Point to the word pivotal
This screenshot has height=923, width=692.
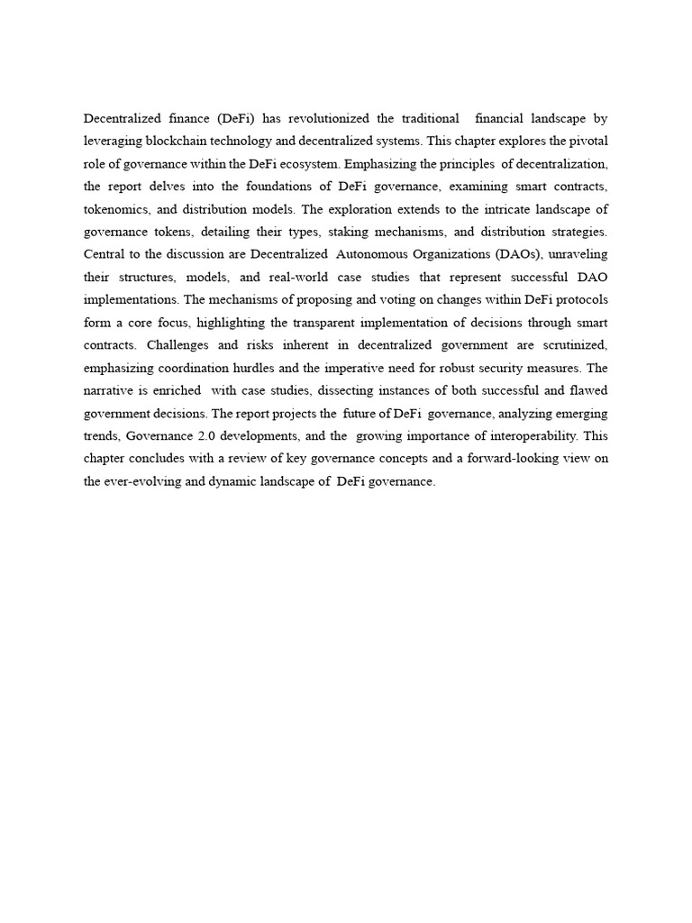587,141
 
